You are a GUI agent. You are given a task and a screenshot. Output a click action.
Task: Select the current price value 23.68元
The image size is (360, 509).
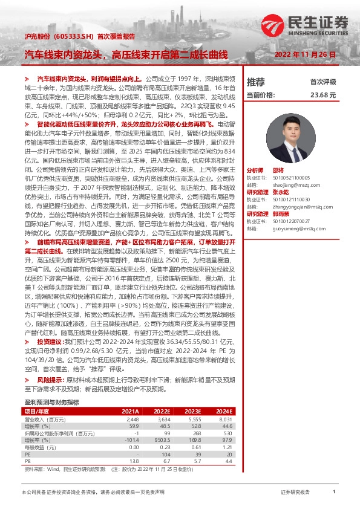coord(322,95)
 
